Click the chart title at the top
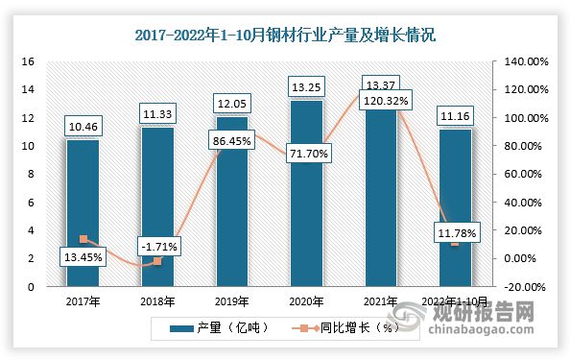click(284, 36)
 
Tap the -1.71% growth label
click(156, 248)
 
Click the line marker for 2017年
click(83, 239)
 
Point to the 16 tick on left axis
click(28, 61)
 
